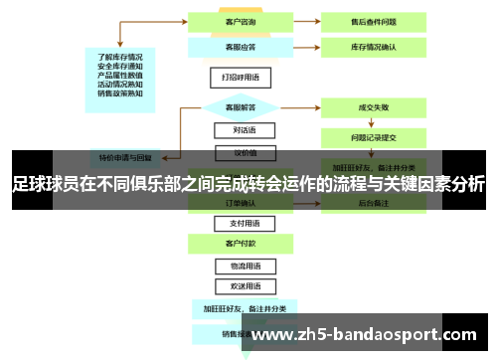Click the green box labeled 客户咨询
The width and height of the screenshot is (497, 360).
[236, 21]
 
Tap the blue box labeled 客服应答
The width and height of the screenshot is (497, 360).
[236, 46]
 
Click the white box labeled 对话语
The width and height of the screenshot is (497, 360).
[236, 130]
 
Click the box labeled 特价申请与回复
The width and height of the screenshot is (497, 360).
[125, 157]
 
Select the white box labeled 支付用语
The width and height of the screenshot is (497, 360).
[236, 223]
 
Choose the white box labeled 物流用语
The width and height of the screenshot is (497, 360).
[236, 266]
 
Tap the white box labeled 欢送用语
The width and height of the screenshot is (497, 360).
[236, 286]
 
